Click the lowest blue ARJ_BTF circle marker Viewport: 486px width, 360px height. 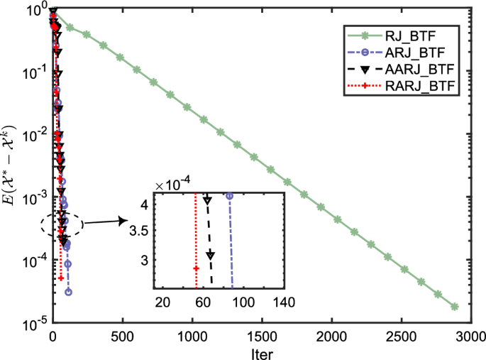click(69, 292)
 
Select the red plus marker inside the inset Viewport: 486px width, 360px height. click(196, 268)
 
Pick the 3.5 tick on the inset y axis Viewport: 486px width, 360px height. click(141, 231)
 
